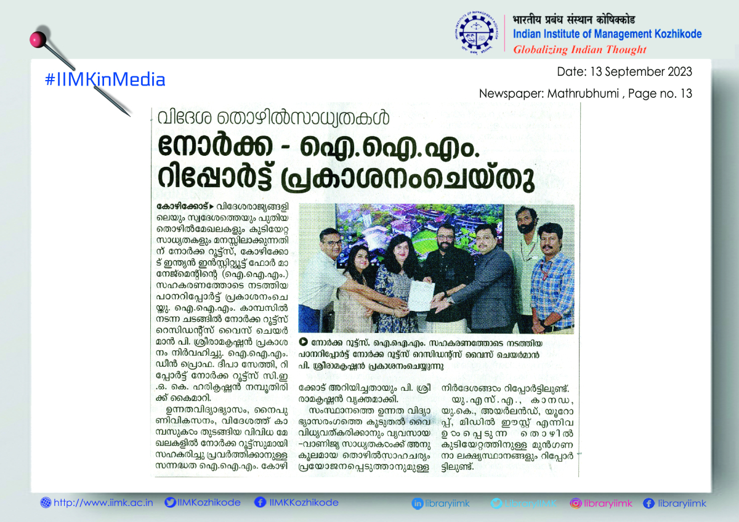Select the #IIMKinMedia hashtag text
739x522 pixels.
click(x=105, y=79)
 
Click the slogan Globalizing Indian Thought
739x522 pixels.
click(x=579, y=50)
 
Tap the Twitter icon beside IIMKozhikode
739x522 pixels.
click(x=170, y=503)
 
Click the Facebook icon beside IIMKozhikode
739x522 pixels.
click(x=260, y=503)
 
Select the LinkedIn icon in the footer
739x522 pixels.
click(x=418, y=504)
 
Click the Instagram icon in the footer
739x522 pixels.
click(x=576, y=504)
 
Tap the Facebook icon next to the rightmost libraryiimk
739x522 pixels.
click(x=648, y=504)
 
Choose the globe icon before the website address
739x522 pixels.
click(x=46, y=503)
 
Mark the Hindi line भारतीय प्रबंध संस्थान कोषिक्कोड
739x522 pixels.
click(x=575, y=20)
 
